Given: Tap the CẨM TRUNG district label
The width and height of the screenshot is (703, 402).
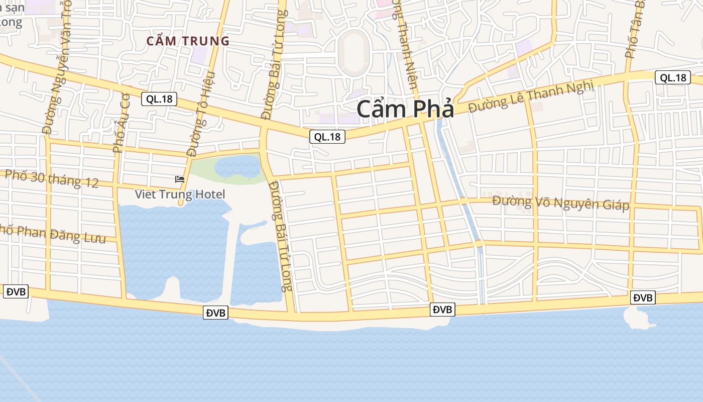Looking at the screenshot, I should [x=188, y=41].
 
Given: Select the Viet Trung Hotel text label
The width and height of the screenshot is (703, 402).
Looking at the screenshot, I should [x=180, y=194].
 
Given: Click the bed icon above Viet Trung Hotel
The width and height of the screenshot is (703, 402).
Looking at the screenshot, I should [x=180, y=179].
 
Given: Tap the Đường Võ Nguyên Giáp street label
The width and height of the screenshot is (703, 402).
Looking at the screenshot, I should [x=560, y=203].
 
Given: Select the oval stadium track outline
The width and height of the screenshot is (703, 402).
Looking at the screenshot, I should [x=354, y=52].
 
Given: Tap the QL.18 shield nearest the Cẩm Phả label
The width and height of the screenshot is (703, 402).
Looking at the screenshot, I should [x=327, y=136].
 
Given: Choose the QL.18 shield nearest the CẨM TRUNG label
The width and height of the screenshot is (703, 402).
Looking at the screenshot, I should [x=159, y=99].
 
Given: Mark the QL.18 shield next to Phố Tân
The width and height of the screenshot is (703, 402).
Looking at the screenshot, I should [x=672, y=77].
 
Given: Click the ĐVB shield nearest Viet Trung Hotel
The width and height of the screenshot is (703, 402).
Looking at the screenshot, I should [x=216, y=313].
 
